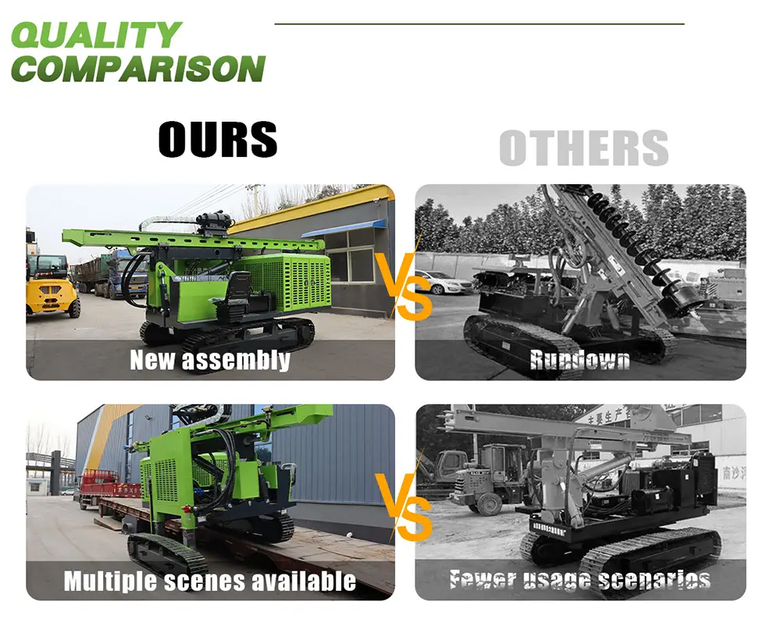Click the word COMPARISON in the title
point(137,69)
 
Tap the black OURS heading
point(217,140)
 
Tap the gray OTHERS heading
point(583,148)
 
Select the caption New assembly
point(209,360)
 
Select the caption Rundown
point(579,360)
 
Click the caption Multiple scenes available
point(209,581)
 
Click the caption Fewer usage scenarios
point(579,580)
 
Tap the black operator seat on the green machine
point(239,293)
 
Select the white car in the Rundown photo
point(442,283)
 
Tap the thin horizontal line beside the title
point(479,24)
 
